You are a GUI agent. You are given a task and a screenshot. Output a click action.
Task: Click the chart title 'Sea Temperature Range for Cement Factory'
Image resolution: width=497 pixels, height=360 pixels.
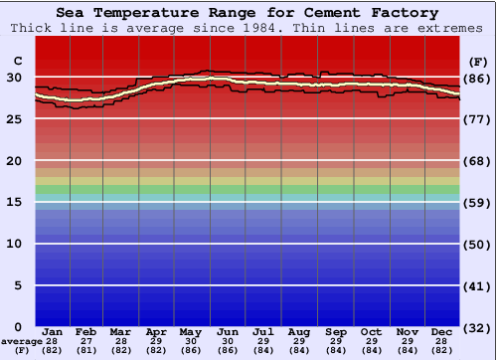(247, 13)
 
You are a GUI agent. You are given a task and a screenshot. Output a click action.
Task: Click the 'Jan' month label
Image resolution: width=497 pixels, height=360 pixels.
(54, 331)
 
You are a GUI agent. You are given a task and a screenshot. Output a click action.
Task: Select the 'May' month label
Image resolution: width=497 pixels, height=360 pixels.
(192, 331)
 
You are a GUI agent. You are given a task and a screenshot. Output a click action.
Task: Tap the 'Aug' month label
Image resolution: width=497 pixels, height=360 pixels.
(299, 331)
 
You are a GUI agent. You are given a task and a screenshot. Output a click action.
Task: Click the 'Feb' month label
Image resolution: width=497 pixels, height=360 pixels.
(87, 331)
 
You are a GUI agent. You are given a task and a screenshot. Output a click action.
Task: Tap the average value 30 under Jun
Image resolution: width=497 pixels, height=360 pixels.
(228, 341)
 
